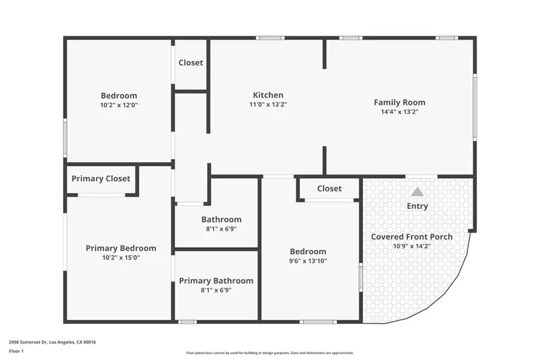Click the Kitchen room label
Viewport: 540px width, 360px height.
(268, 95)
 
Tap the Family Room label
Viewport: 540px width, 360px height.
(399, 102)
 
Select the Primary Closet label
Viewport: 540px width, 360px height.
(101, 178)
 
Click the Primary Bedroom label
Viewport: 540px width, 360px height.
(121, 248)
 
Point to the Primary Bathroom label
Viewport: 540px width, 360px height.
(216, 280)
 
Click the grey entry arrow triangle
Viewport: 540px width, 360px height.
(417, 192)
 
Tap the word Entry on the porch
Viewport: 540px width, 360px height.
(417, 206)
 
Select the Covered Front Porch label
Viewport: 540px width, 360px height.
(412, 236)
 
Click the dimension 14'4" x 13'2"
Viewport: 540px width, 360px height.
(399, 111)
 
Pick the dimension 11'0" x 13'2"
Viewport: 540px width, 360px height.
(268, 104)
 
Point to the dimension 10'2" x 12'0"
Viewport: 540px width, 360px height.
(119, 104)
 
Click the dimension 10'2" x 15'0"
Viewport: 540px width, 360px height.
(121, 257)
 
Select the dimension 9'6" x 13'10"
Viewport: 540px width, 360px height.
(308, 260)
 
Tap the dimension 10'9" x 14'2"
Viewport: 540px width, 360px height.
(412, 245)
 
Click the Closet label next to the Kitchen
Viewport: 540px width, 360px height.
(191, 62)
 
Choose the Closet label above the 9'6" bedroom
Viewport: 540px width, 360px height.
(329, 188)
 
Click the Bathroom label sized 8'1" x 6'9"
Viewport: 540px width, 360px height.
(221, 220)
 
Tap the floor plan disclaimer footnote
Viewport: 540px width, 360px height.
(269, 353)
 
